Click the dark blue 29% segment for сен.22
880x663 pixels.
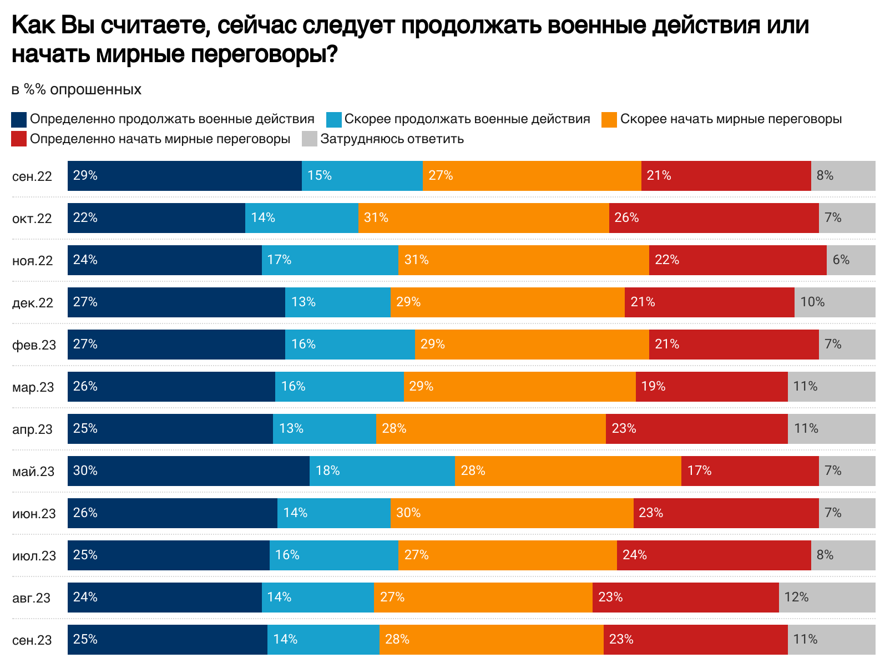(185, 176)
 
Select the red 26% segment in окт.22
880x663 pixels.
(714, 218)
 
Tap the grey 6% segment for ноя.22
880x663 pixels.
(851, 260)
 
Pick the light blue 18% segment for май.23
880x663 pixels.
(382, 471)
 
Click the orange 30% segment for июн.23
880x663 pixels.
(512, 513)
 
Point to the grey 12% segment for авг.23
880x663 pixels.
(827, 598)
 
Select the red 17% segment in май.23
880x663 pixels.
(750, 471)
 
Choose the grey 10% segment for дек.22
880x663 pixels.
(835, 302)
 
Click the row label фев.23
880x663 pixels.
(34, 345)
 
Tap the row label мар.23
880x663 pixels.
(33, 387)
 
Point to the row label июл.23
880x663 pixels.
(34, 556)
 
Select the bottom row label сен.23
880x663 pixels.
(32, 640)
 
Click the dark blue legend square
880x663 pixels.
(19, 119)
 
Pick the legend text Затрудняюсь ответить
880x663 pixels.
(392, 139)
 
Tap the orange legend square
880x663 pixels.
(609, 119)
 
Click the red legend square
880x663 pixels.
(19, 139)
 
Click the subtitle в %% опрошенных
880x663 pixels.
(76, 89)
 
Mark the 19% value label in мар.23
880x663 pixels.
(653, 386)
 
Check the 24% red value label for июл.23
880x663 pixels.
(634, 555)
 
